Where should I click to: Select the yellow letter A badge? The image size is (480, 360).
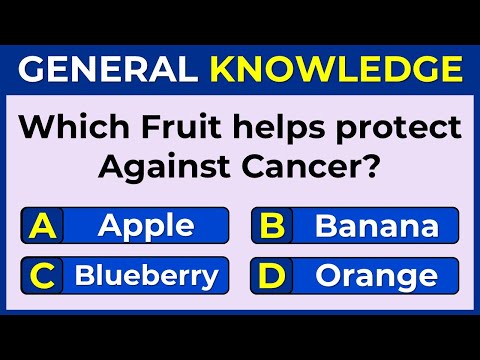(x=43, y=225)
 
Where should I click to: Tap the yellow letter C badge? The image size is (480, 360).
(x=43, y=274)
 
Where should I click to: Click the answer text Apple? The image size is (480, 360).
(x=146, y=226)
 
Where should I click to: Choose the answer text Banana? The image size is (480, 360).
(x=376, y=225)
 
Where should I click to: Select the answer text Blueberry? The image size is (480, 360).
(x=146, y=274)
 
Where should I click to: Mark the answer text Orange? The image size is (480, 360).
(x=376, y=275)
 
